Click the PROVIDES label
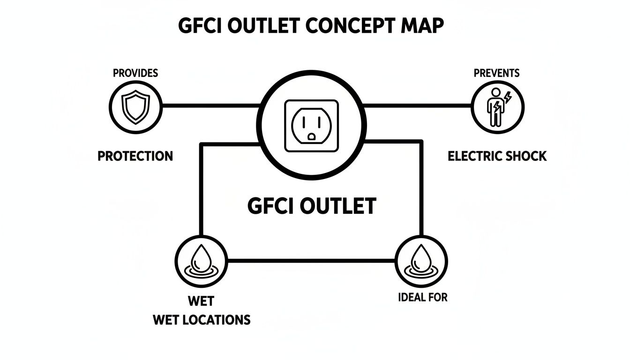click(x=135, y=73)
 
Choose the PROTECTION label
click(x=135, y=156)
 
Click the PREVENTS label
click(x=496, y=73)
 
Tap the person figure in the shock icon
click(x=494, y=108)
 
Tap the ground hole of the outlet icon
click(x=311, y=137)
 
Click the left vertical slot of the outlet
click(x=304, y=122)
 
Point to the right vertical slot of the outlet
click(x=319, y=122)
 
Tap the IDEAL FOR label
click(x=422, y=297)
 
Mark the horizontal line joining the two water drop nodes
click(x=311, y=260)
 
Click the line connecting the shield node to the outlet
click(x=211, y=105)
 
